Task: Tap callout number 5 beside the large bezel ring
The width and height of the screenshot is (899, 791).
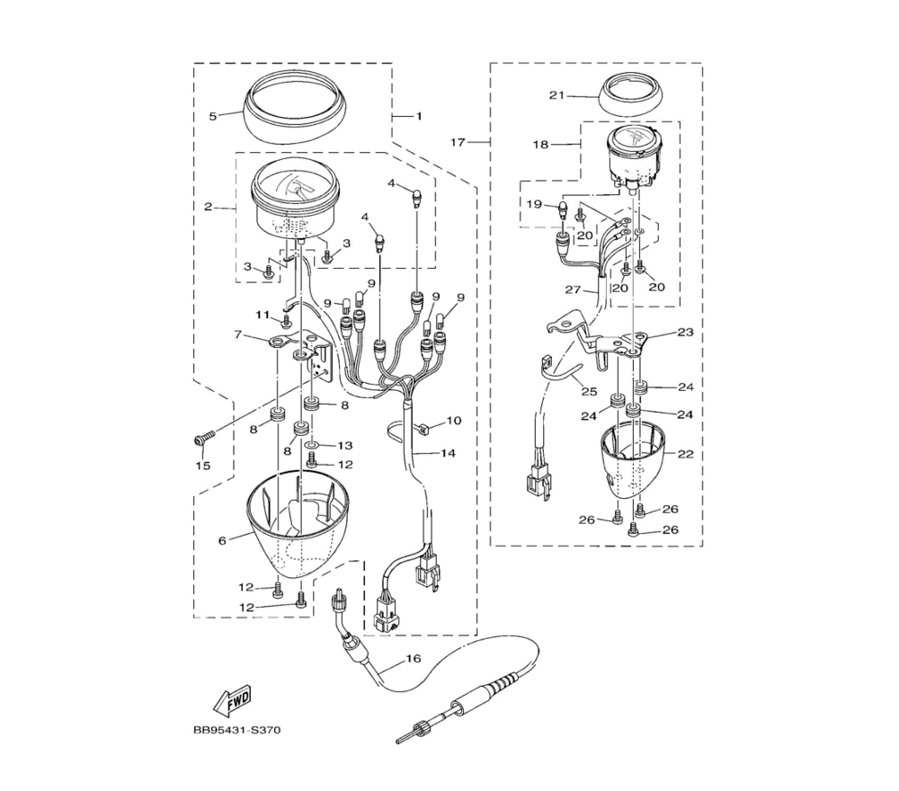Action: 213,116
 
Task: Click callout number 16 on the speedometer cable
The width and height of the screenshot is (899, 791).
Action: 414,658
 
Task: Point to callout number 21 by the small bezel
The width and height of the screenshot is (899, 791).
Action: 556,95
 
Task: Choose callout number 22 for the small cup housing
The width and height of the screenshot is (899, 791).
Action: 686,454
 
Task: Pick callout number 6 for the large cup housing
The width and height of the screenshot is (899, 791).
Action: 222,540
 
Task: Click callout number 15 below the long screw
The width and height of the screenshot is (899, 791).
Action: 203,466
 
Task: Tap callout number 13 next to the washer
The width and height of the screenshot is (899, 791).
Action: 345,445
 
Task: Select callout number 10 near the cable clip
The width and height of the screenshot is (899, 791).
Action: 453,421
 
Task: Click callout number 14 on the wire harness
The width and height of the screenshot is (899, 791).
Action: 448,453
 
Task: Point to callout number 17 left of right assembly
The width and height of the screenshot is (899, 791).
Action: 458,142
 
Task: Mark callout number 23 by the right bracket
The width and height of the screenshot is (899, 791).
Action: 685,332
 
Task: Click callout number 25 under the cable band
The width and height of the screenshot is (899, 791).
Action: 589,392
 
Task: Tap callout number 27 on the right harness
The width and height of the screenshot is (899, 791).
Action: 573,289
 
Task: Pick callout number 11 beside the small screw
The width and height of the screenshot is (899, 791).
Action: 263,315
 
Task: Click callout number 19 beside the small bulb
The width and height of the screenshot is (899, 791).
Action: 534,203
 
